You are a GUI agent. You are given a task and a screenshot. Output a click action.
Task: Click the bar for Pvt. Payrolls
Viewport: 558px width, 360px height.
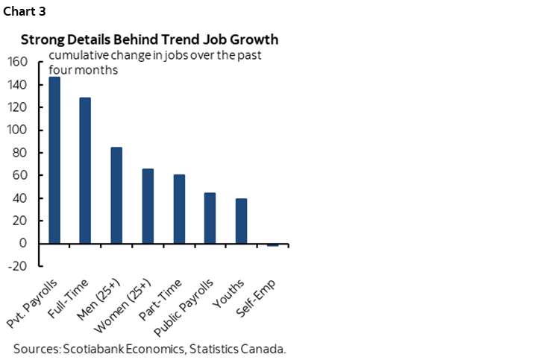coord(54,160)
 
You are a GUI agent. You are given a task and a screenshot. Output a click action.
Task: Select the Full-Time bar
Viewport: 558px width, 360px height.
coord(86,170)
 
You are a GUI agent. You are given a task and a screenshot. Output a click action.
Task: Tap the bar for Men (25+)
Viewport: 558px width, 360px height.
coord(117,195)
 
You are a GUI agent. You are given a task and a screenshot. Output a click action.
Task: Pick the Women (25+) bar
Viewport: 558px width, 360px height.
coord(148,206)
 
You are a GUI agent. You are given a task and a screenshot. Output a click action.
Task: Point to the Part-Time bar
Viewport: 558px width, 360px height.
coord(179,209)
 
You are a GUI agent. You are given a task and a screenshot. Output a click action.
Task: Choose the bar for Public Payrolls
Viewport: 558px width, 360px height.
coord(210,218)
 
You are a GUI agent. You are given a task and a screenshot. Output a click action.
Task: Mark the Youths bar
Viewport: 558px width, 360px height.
coord(242,221)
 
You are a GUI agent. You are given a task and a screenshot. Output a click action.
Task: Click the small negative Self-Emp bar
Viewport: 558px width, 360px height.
coord(273,244)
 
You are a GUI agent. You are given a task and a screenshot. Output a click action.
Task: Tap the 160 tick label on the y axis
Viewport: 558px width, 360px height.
coord(17,62)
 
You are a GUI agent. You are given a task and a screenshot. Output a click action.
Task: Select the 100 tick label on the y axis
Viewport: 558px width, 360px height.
coord(17,130)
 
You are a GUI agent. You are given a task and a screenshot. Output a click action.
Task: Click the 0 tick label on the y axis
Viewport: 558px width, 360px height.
coord(24,244)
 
